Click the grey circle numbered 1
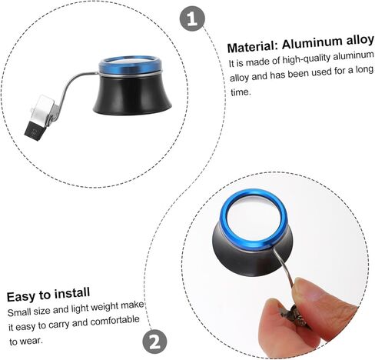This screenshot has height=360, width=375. point(192,18)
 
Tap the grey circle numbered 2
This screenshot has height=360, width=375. point(154,342)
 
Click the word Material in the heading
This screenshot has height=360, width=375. point(251,47)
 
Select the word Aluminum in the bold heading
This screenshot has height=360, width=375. point(312,43)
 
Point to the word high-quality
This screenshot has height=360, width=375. point(306,60)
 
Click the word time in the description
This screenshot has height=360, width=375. point(240,92)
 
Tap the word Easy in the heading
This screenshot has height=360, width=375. point(21,296)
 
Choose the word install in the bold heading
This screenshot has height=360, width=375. point(72,293)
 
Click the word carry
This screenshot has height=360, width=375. point(59,325)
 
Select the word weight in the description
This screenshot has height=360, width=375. point(105,307)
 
